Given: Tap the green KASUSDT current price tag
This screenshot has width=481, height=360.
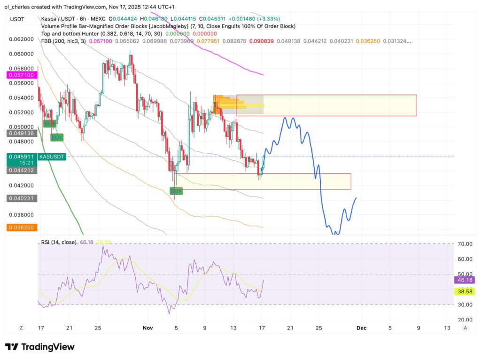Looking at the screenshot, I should click(36, 159).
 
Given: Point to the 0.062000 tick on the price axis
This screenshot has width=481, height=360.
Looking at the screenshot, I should click(21, 39).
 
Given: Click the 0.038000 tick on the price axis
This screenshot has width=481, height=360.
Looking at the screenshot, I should click(21, 214).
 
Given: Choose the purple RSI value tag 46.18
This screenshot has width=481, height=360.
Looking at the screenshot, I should click(465, 280).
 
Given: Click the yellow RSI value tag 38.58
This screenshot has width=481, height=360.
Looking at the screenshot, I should click(465, 292).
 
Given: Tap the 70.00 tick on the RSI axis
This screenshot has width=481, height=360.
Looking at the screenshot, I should click(465, 244).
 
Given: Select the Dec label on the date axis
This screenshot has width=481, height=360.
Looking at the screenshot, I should click(362, 328).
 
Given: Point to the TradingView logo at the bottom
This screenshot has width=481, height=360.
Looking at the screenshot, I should click(40, 347).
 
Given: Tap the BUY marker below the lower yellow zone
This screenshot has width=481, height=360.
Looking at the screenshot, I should click(176, 191).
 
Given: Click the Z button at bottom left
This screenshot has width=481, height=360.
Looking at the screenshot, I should click(21, 328).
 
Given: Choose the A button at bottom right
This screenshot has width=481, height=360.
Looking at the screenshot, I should click(465, 328).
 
